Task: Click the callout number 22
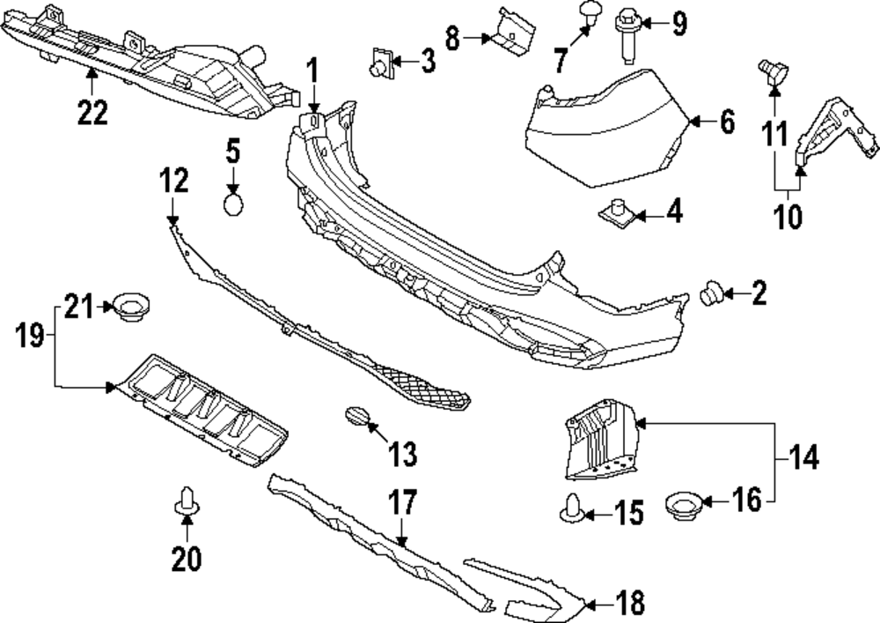coord(92,112)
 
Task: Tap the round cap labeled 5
coord(233,205)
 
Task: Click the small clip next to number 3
coord(379,64)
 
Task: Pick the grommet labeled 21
coord(129,308)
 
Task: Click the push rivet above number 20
coord(186,501)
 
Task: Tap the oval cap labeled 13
coord(356,416)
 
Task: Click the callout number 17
coord(402,504)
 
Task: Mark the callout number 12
coord(173,182)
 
